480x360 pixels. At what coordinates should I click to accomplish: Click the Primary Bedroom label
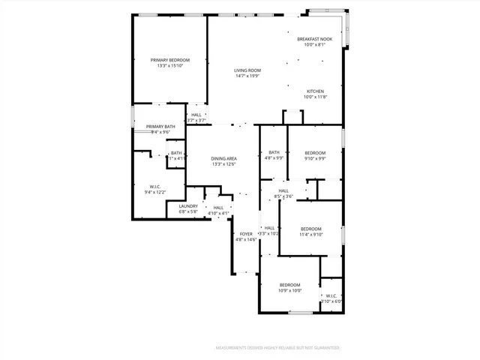(169, 60)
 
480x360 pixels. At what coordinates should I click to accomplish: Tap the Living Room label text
(247, 70)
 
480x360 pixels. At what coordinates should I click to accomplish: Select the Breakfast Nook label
(314, 39)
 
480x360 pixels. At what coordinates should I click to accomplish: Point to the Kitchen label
(315, 90)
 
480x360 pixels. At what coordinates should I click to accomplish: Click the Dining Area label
(223, 158)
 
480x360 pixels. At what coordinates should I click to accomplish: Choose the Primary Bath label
(160, 127)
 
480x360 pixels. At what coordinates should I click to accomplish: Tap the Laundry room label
(188, 205)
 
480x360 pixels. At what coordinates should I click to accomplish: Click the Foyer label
(246, 234)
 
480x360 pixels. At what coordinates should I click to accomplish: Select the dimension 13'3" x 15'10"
(170, 66)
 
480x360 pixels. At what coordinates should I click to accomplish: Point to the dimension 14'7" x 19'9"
(247, 76)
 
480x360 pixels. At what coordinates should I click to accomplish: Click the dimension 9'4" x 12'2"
(155, 192)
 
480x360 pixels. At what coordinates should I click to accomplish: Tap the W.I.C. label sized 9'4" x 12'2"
(155, 186)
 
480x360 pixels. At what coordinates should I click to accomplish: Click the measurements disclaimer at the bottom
(277, 348)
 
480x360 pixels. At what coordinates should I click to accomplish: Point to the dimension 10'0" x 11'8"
(315, 96)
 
